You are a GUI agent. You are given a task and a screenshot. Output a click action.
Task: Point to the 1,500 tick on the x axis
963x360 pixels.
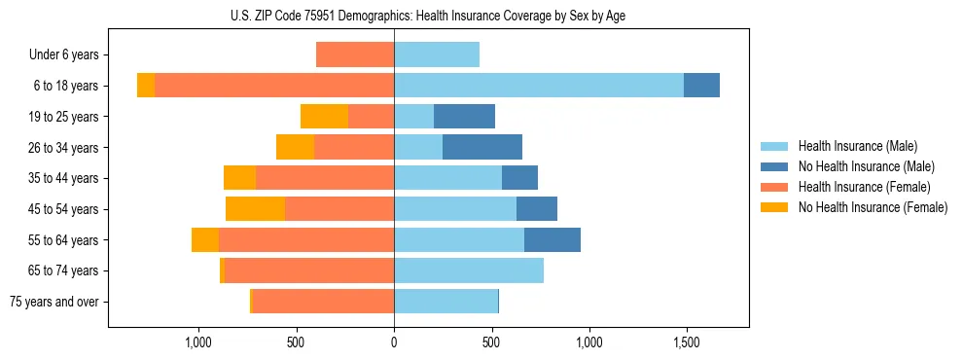click(x=686, y=342)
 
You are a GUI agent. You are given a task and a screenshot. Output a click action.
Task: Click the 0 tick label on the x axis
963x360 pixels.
click(x=394, y=342)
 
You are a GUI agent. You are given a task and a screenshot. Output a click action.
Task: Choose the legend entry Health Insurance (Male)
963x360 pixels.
click(x=858, y=146)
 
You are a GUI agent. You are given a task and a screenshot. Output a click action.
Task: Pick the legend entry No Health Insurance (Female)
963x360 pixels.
click(x=873, y=207)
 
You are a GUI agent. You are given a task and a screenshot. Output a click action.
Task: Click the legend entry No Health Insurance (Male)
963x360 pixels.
click(x=866, y=166)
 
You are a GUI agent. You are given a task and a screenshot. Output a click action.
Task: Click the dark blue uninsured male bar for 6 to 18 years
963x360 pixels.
click(x=701, y=86)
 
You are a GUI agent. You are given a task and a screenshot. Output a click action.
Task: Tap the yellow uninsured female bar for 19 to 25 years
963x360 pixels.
click(x=324, y=117)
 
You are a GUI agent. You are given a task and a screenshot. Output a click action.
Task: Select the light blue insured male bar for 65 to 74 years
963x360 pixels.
click(x=469, y=270)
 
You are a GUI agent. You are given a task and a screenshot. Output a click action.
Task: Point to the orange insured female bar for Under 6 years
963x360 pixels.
click(x=355, y=55)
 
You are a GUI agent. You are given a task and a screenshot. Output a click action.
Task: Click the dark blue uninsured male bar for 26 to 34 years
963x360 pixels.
click(x=482, y=148)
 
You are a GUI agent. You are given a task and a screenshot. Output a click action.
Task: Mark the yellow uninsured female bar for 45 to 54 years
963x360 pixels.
click(x=255, y=209)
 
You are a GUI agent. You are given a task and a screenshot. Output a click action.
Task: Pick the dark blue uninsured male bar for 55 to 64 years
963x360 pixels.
click(x=553, y=240)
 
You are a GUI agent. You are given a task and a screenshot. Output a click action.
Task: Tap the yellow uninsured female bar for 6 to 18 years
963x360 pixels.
click(x=146, y=86)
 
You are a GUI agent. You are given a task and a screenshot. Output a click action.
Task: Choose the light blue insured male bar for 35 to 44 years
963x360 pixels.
click(x=447, y=178)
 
